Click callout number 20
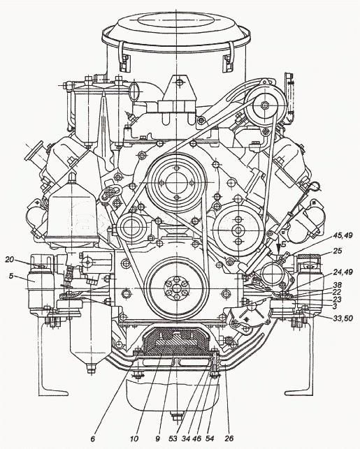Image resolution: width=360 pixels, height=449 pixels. (x=10, y=260)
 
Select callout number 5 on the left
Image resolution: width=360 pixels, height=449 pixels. (x=11, y=277)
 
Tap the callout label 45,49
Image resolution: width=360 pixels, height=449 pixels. (x=343, y=235)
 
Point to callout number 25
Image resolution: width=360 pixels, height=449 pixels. (x=338, y=251)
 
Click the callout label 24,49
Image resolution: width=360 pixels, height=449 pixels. (x=343, y=272)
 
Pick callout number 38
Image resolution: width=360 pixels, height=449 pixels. (x=338, y=286)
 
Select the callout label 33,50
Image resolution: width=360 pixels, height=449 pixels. (x=343, y=318)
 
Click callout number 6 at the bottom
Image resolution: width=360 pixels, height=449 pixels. (x=92, y=439)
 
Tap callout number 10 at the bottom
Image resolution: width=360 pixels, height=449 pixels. (x=134, y=439)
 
